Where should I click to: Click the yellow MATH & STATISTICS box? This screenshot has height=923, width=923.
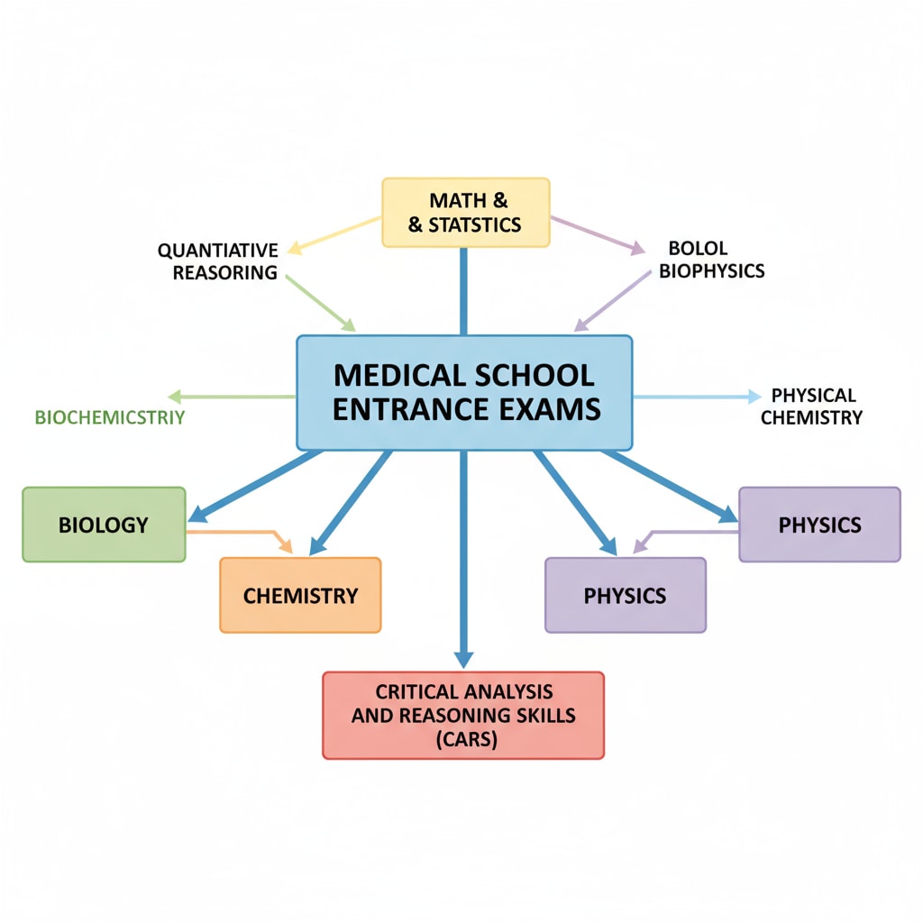pos(465,212)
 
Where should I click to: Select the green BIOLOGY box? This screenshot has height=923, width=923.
pos(104,525)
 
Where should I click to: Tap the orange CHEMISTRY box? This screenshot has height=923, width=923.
pos(300,595)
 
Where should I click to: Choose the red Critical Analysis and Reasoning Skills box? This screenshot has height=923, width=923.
pos(463,715)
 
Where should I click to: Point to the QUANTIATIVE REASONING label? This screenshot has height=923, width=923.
pos(217,261)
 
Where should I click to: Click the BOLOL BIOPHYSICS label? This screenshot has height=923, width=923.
pos(711,260)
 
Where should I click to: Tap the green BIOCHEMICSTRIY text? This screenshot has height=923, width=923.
pos(109,417)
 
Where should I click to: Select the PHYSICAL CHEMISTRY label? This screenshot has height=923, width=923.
pos(812,407)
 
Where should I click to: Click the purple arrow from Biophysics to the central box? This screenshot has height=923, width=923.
pos(613,299)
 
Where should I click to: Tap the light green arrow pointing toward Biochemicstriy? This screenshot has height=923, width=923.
pos(231,397)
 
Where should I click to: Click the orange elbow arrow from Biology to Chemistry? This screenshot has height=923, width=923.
pos(243,533)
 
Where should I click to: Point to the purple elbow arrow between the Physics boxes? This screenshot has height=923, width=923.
pos(685,533)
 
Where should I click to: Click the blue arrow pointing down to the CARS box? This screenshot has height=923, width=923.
pos(463,559)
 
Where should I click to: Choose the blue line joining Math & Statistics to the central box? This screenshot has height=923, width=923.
pos(463,290)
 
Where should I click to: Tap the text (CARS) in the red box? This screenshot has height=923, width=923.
pos(463,740)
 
